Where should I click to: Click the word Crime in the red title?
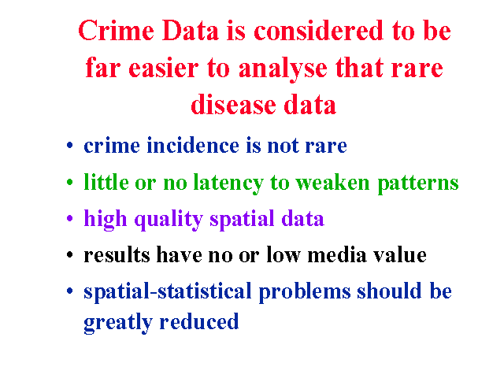[116, 31]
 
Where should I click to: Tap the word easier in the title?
[164, 68]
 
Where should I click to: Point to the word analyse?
[283, 69]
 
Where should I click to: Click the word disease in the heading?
[233, 105]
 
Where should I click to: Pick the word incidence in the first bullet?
[193, 145]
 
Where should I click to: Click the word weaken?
[332, 182]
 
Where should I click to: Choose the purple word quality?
[169, 220]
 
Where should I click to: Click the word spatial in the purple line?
[242, 220]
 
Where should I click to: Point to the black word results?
[117, 255]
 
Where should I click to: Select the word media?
[337, 254]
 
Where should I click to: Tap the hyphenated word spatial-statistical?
[167, 292]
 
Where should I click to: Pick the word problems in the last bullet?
[305, 292]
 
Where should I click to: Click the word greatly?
[118, 323]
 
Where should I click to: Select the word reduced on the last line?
[199, 321]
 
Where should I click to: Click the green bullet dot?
[70, 183]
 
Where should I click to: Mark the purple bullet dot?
[70, 219]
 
